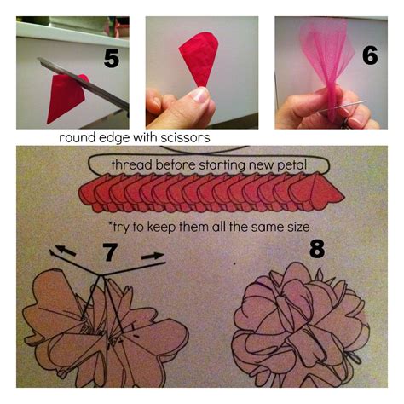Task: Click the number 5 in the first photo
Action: tap(113, 58)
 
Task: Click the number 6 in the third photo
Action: tap(369, 55)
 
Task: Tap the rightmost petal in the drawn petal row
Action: tap(322, 192)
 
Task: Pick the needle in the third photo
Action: tap(354, 105)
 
